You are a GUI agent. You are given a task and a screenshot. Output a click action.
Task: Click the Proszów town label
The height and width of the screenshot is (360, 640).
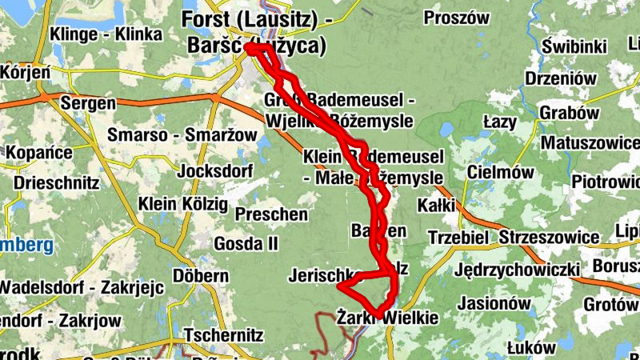(456, 18)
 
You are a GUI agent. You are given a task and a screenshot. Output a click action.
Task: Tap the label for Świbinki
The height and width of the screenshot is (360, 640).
(573, 47)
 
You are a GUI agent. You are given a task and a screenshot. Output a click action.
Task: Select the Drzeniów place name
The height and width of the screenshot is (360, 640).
(562, 78)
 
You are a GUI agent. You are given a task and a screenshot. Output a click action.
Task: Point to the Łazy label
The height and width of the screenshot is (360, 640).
(501, 121)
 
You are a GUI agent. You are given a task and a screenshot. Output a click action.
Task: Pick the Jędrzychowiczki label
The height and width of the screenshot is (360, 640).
(516, 270)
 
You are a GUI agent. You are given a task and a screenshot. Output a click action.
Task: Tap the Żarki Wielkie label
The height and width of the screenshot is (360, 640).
(388, 318)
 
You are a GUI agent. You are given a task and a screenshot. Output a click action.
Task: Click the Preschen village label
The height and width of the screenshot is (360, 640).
(271, 214)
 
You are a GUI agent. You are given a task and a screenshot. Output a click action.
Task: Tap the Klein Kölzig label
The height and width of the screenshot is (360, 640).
(182, 203)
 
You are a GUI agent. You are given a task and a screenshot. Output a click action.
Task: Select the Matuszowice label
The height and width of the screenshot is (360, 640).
(590, 142)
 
